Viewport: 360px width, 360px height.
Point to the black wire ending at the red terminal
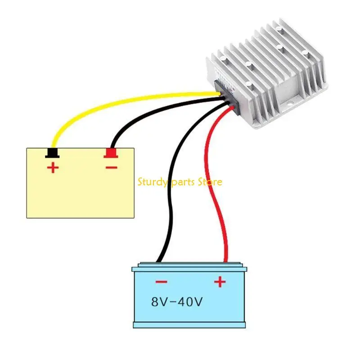(x=135, y=118)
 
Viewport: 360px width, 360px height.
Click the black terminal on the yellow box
(x=53, y=153)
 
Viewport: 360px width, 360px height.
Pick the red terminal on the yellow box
(x=110, y=153)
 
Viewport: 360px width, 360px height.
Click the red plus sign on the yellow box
(x=53, y=169)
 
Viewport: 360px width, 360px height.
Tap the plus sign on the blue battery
(x=219, y=282)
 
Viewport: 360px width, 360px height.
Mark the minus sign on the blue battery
(x=161, y=282)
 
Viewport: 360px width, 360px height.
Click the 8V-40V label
(x=177, y=301)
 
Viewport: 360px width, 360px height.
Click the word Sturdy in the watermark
(x=151, y=182)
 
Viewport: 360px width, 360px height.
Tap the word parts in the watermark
(x=184, y=182)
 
